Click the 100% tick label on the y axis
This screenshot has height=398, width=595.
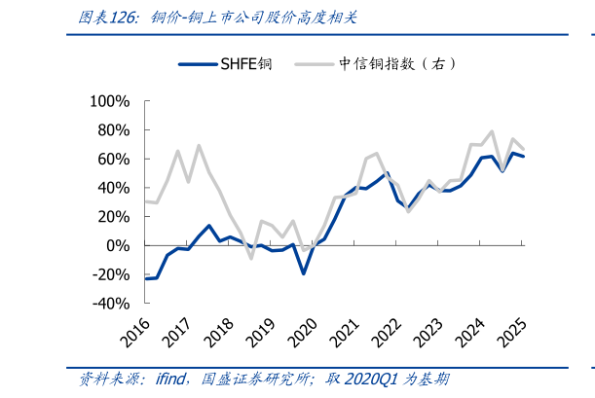point(109,101)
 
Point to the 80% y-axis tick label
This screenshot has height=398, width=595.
point(113,130)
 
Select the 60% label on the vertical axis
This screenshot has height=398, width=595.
point(113,159)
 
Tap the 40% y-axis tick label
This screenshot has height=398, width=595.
point(113,188)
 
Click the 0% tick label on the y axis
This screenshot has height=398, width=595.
point(118,245)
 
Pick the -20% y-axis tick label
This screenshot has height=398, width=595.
point(110,274)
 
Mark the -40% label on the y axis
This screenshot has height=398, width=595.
point(110,303)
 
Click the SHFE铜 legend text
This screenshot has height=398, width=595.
point(246,64)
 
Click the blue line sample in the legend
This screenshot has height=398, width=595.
point(199,64)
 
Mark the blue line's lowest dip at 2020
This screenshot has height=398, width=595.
point(303,273)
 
